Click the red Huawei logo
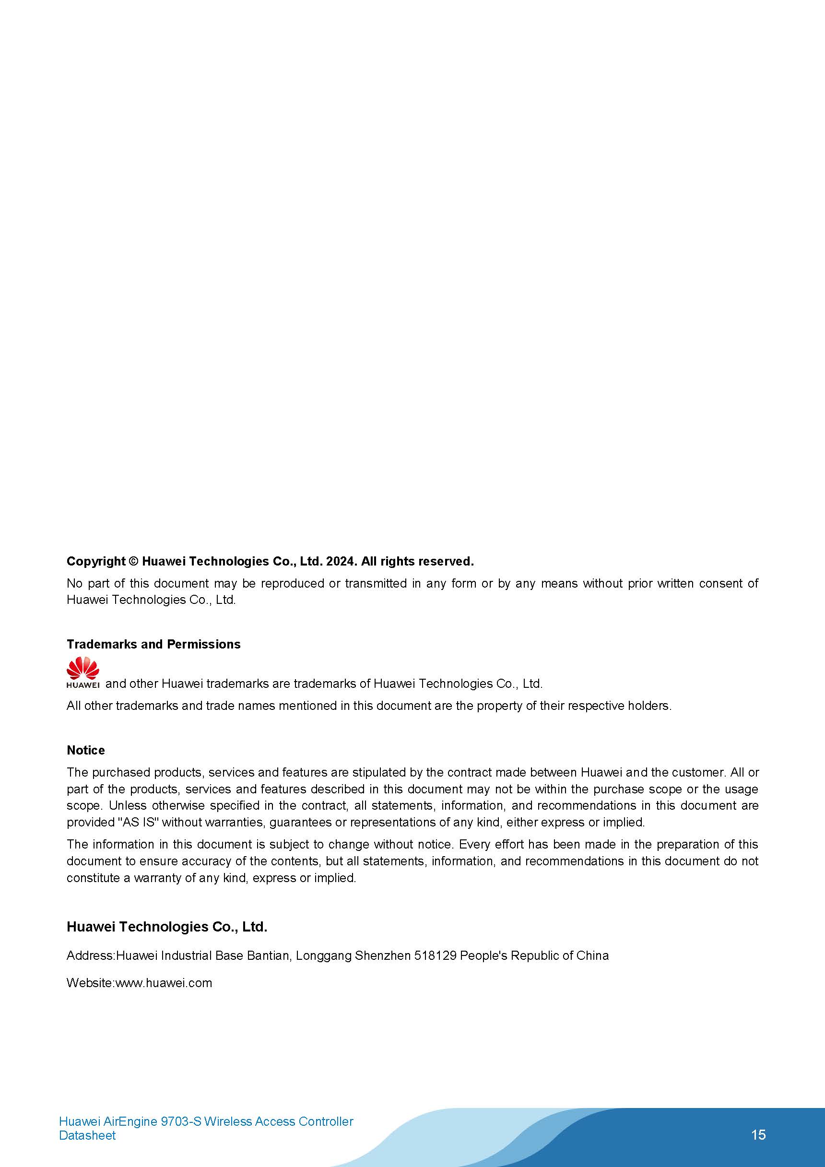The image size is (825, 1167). [83, 672]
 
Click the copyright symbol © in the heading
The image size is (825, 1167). [133, 562]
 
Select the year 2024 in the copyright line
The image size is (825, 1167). [342, 562]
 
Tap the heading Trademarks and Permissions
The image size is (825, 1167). [153, 645]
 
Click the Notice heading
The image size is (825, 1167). [85, 750]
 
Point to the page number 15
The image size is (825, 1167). [758, 1135]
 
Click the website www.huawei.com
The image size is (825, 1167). [164, 983]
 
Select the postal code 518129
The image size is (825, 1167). [435, 955]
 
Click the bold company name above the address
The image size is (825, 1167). [167, 927]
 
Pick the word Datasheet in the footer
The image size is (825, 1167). [87, 1135]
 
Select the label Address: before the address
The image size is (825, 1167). [91, 955]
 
